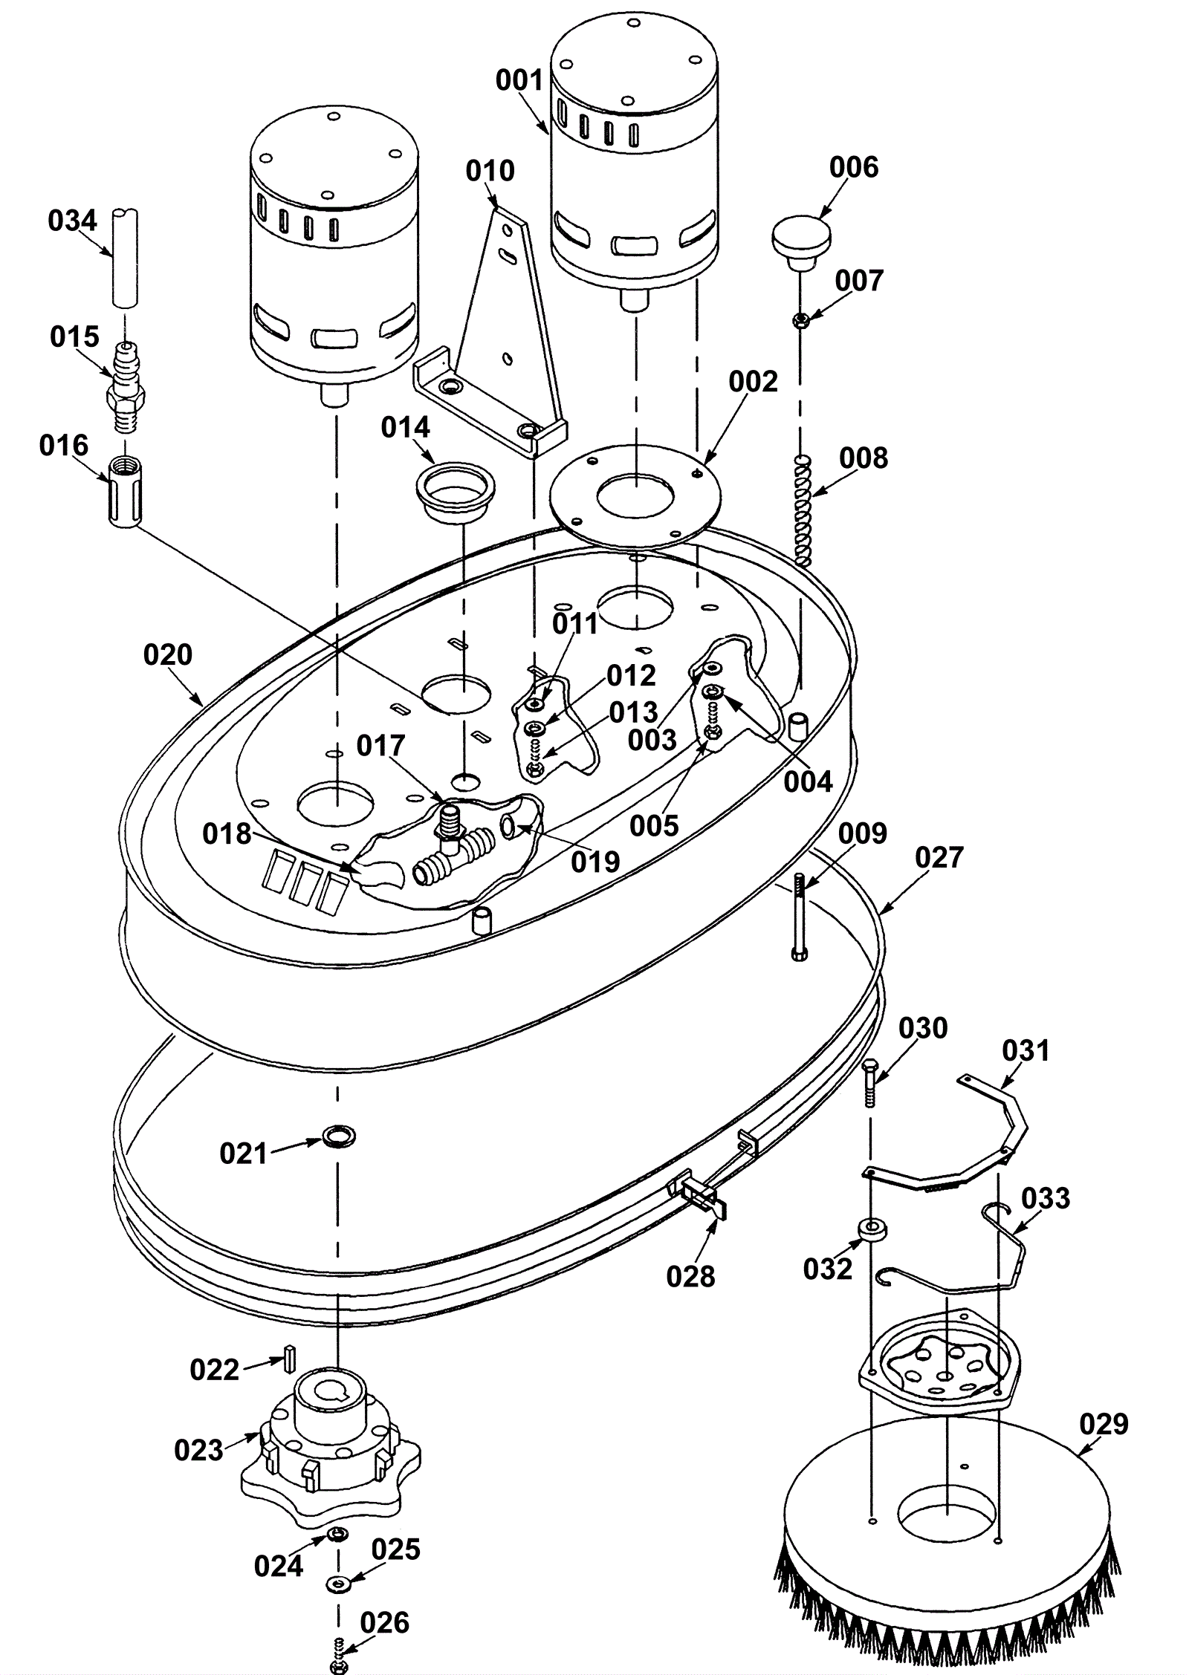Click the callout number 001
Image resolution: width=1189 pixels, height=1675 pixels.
[x=520, y=79]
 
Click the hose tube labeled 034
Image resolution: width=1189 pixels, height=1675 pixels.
[x=126, y=258]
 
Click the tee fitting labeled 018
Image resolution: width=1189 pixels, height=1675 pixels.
[x=450, y=843]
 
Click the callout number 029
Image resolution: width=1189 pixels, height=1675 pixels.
[x=1104, y=1424]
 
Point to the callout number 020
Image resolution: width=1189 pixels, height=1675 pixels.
[x=168, y=655]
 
